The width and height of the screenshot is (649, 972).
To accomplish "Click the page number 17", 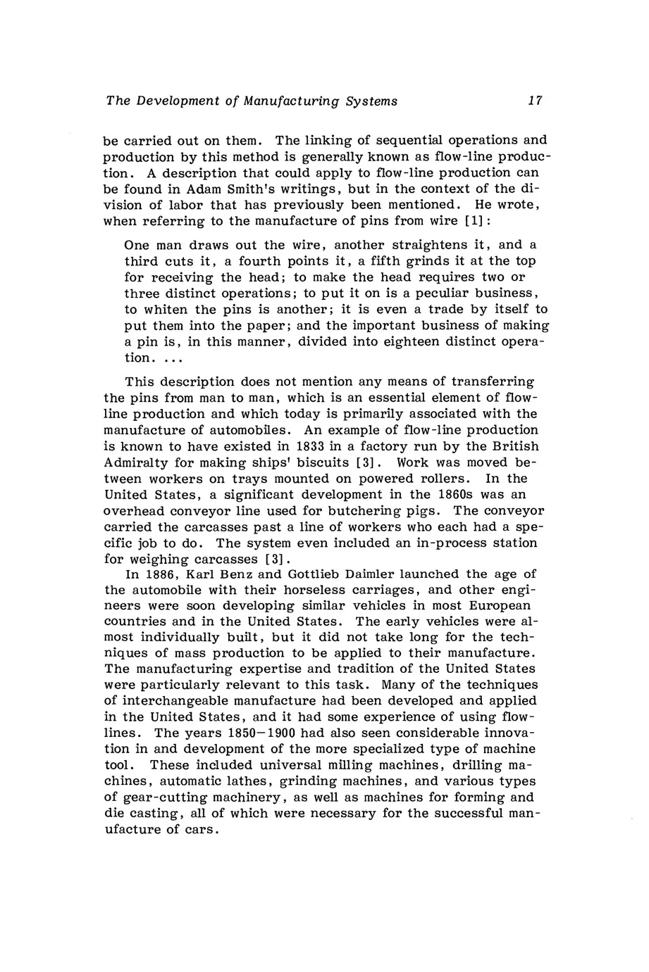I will (536, 101).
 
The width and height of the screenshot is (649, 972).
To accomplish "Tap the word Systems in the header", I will (371, 101).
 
